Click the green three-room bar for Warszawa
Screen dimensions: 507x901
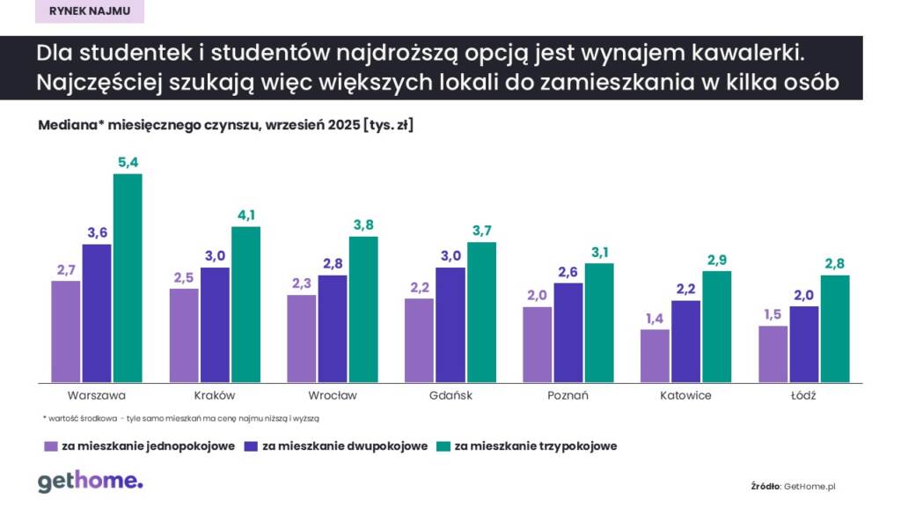[128, 278]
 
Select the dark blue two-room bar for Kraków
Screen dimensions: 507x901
[216, 325]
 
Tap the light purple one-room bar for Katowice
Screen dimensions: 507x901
[656, 356]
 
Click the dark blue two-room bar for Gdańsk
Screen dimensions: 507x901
[450, 325]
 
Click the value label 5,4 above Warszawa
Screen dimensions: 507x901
[128, 162]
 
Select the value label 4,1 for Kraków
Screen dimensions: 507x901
[245, 215]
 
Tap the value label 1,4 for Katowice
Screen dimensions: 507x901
[656, 318]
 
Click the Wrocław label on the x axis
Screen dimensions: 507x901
[333, 395]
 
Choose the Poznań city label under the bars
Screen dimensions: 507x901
[568, 395]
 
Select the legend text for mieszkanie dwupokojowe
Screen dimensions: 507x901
[346, 446]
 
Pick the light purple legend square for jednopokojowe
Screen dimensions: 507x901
[51, 446]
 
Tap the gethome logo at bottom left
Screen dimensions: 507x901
[90, 481]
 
